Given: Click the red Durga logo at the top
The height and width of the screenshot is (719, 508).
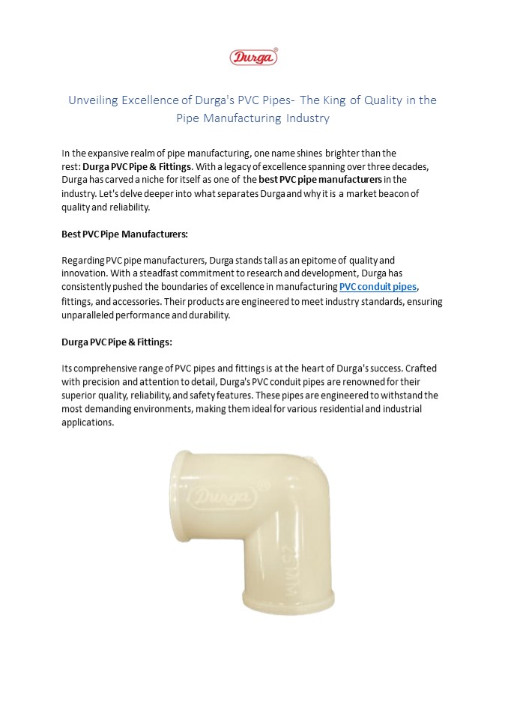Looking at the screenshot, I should click(253, 56).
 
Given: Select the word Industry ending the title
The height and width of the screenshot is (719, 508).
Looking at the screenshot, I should click(307, 118).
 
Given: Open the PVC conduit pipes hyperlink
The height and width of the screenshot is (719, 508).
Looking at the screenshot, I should click(378, 287).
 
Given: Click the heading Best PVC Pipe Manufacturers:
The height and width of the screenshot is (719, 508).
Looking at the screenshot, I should click(124, 234).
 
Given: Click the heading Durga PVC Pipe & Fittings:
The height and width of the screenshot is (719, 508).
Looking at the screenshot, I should click(117, 342).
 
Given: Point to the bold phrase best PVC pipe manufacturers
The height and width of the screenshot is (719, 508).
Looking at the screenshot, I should click(321, 180).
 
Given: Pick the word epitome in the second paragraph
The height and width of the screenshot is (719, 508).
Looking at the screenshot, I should click(305, 260).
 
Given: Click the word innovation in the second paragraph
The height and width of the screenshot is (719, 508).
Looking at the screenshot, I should click(87, 273).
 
